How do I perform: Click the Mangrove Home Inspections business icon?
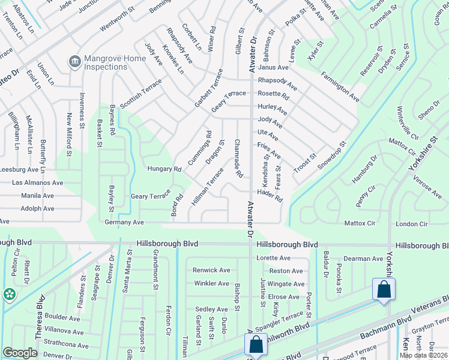tap(75, 60)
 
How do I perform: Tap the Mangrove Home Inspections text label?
tap(115, 62)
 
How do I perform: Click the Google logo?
tap(20, 353)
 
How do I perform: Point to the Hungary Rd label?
tap(164, 170)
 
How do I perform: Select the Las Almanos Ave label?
tap(38, 182)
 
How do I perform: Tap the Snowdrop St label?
tap(332, 155)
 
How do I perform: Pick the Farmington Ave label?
tap(340, 86)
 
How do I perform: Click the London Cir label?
tap(412, 224)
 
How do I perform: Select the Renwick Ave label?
tap(211, 270)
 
